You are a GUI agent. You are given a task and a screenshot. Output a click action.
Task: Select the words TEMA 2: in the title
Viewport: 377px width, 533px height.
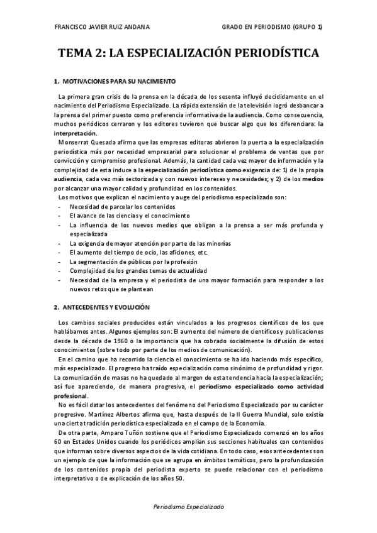click(x=81, y=54)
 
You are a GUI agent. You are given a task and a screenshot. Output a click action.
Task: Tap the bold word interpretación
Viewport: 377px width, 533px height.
click(x=76, y=134)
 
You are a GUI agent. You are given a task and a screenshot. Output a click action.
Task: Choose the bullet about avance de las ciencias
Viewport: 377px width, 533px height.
click(x=116, y=216)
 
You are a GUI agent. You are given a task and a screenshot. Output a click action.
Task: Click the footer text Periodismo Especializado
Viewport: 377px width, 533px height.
click(x=188, y=507)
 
